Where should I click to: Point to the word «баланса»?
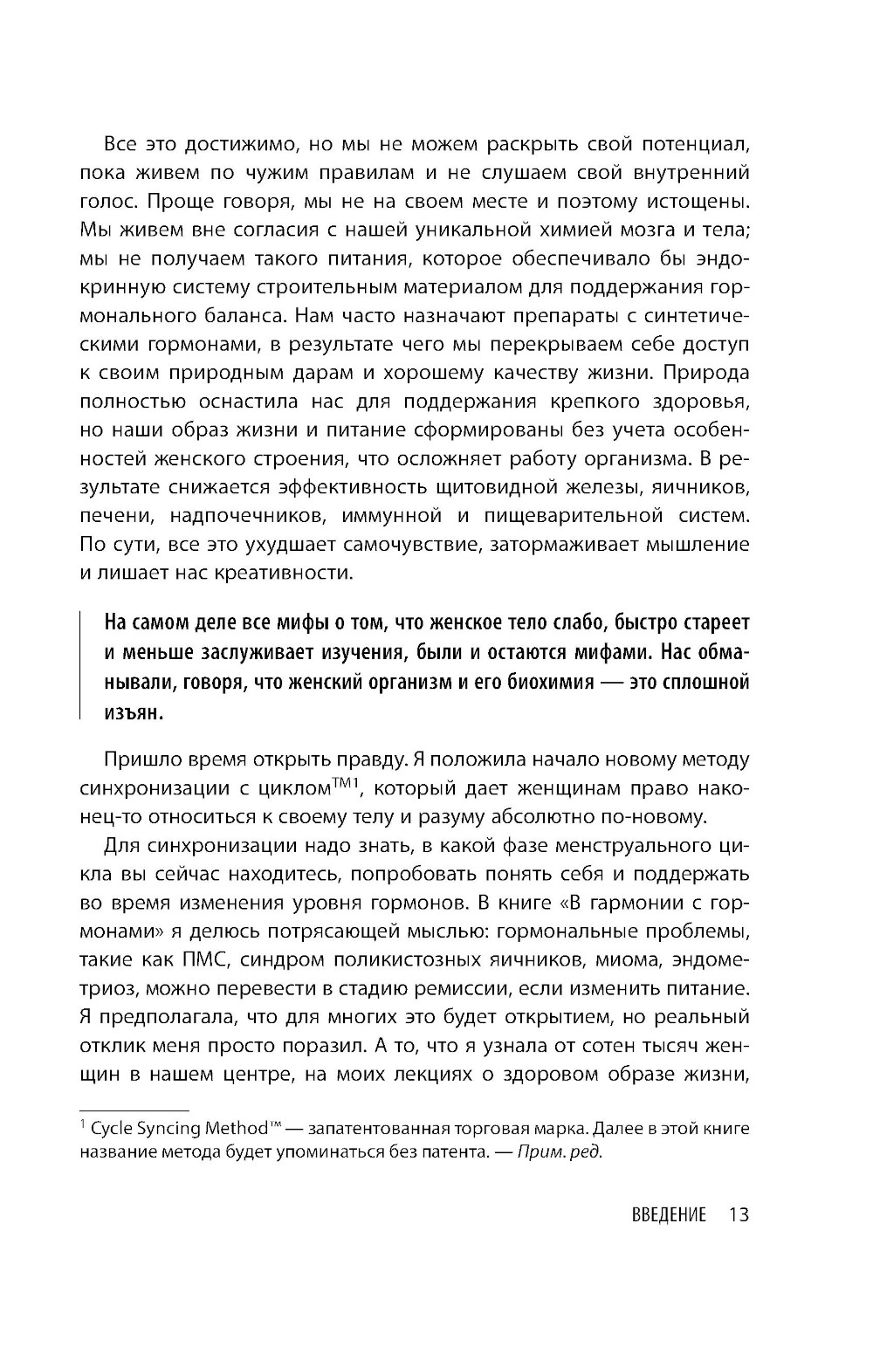pyautogui.click(x=242, y=316)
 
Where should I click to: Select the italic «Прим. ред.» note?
pyautogui.click(x=560, y=1151)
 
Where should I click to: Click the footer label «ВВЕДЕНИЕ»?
pyautogui.click(x=667, y=1215)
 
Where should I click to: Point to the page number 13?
pyautogui.click(x=739, y=1215)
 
